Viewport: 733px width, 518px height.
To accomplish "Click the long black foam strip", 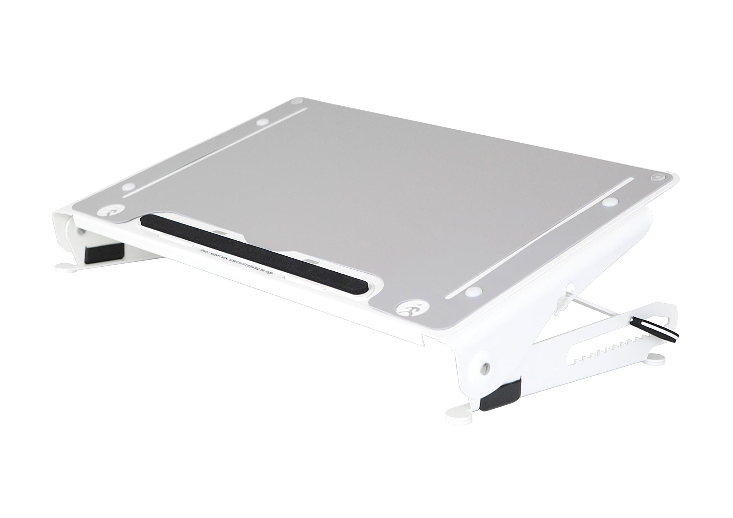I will click(255, 252).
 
